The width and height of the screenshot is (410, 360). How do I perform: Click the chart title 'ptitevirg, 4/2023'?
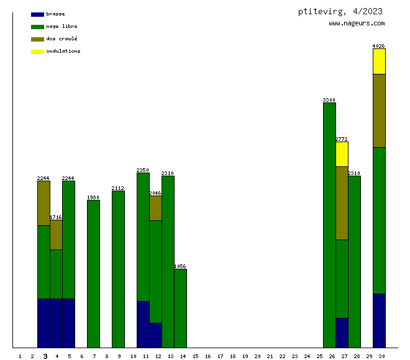(x=340, y=11)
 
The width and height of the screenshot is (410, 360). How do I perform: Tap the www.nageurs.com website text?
(x=357, y=24)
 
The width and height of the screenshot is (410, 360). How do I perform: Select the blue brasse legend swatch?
(x=37, y=14)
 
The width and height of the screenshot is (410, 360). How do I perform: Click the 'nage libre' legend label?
(x=61, y=27)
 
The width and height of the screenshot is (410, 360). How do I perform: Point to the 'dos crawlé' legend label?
(x=61, y=39)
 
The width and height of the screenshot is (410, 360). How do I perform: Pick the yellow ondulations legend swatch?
(x=37, y=52)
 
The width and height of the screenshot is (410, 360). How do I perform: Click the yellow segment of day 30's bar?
(x=379, y=61)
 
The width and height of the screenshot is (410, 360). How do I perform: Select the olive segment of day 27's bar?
(x=342, y=203)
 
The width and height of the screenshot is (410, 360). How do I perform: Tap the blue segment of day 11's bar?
(x=143, y=324)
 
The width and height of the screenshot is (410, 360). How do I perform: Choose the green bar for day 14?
(x=180, y=308)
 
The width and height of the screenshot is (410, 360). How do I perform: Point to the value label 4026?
(x=379, y=46)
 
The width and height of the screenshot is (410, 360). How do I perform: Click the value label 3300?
(x=329, y=100)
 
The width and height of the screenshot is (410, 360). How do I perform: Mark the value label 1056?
(x=180, y=266)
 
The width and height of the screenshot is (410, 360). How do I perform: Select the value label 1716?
(x=56, y=217)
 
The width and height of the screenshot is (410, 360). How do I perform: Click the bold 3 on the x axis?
(x=45, y=356)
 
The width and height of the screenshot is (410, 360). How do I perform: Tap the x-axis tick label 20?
(x=257, y=356)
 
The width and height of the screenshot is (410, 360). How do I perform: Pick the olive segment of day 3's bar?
(x=43, y=203)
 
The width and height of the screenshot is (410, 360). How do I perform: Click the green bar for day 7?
(x=93, y=274)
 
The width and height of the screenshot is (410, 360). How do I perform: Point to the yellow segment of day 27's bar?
(x=342, y=154)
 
